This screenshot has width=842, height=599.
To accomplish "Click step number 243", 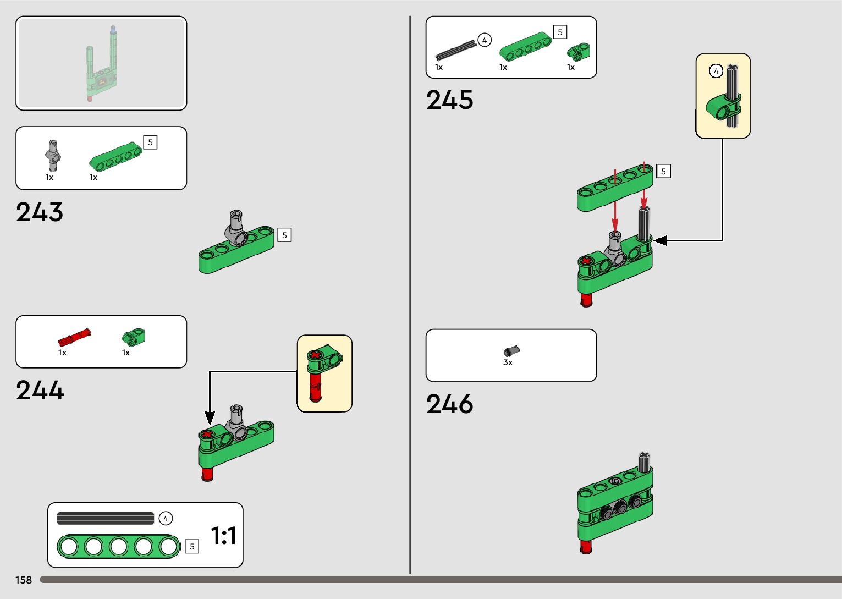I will pyautogui.click(x=40, y=212).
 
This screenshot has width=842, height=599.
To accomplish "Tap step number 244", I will pyautogui.click(x=40, y=391).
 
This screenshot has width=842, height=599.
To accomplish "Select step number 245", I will pyautogui.click(x=449, y=100).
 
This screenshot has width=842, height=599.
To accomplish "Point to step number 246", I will pyautogui.click(x=449, y=404).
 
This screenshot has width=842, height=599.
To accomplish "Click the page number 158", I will pyautogui.click(x=24, y=580).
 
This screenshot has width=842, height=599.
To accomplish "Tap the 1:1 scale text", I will pyautogui.click(x=223, y=535).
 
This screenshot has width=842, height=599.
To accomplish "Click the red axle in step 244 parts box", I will pyautogui.click(x=74, y=336).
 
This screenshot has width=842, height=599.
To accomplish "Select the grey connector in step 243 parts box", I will pyautogui.click(x=53, y=155).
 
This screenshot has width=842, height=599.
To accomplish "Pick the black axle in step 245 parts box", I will pyautogui.click(x=455, y=50).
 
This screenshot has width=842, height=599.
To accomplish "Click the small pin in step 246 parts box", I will pyautogui.click(x=511, y=350).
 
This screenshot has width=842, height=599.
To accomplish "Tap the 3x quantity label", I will pyautogui.click(x=508, y=363).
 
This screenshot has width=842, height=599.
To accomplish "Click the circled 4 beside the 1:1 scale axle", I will pyautogui.click(x=166, y=518).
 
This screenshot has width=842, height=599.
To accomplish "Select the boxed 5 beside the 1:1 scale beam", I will pyautogui.click(x=192, y=546).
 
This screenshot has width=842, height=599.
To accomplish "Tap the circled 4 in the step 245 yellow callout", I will pyautogui.click(x=716, y=72).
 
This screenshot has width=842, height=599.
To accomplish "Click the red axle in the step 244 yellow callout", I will pyautogui.click(x=316, y=385).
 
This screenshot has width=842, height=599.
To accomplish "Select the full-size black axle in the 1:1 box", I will pyautogui.click(x=106, y=518).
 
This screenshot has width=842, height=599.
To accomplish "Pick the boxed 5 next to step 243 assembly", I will pyautogui.click(x=284, y=235).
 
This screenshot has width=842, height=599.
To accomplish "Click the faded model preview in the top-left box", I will pyautogui.click(x=101, y=63).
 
